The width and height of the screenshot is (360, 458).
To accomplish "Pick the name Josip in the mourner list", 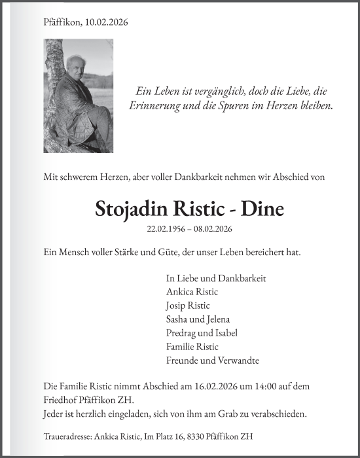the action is pyautogui.click(x=177, y=306).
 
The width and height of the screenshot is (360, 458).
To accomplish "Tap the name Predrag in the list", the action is pyautogui.click(x=181, y=333).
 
